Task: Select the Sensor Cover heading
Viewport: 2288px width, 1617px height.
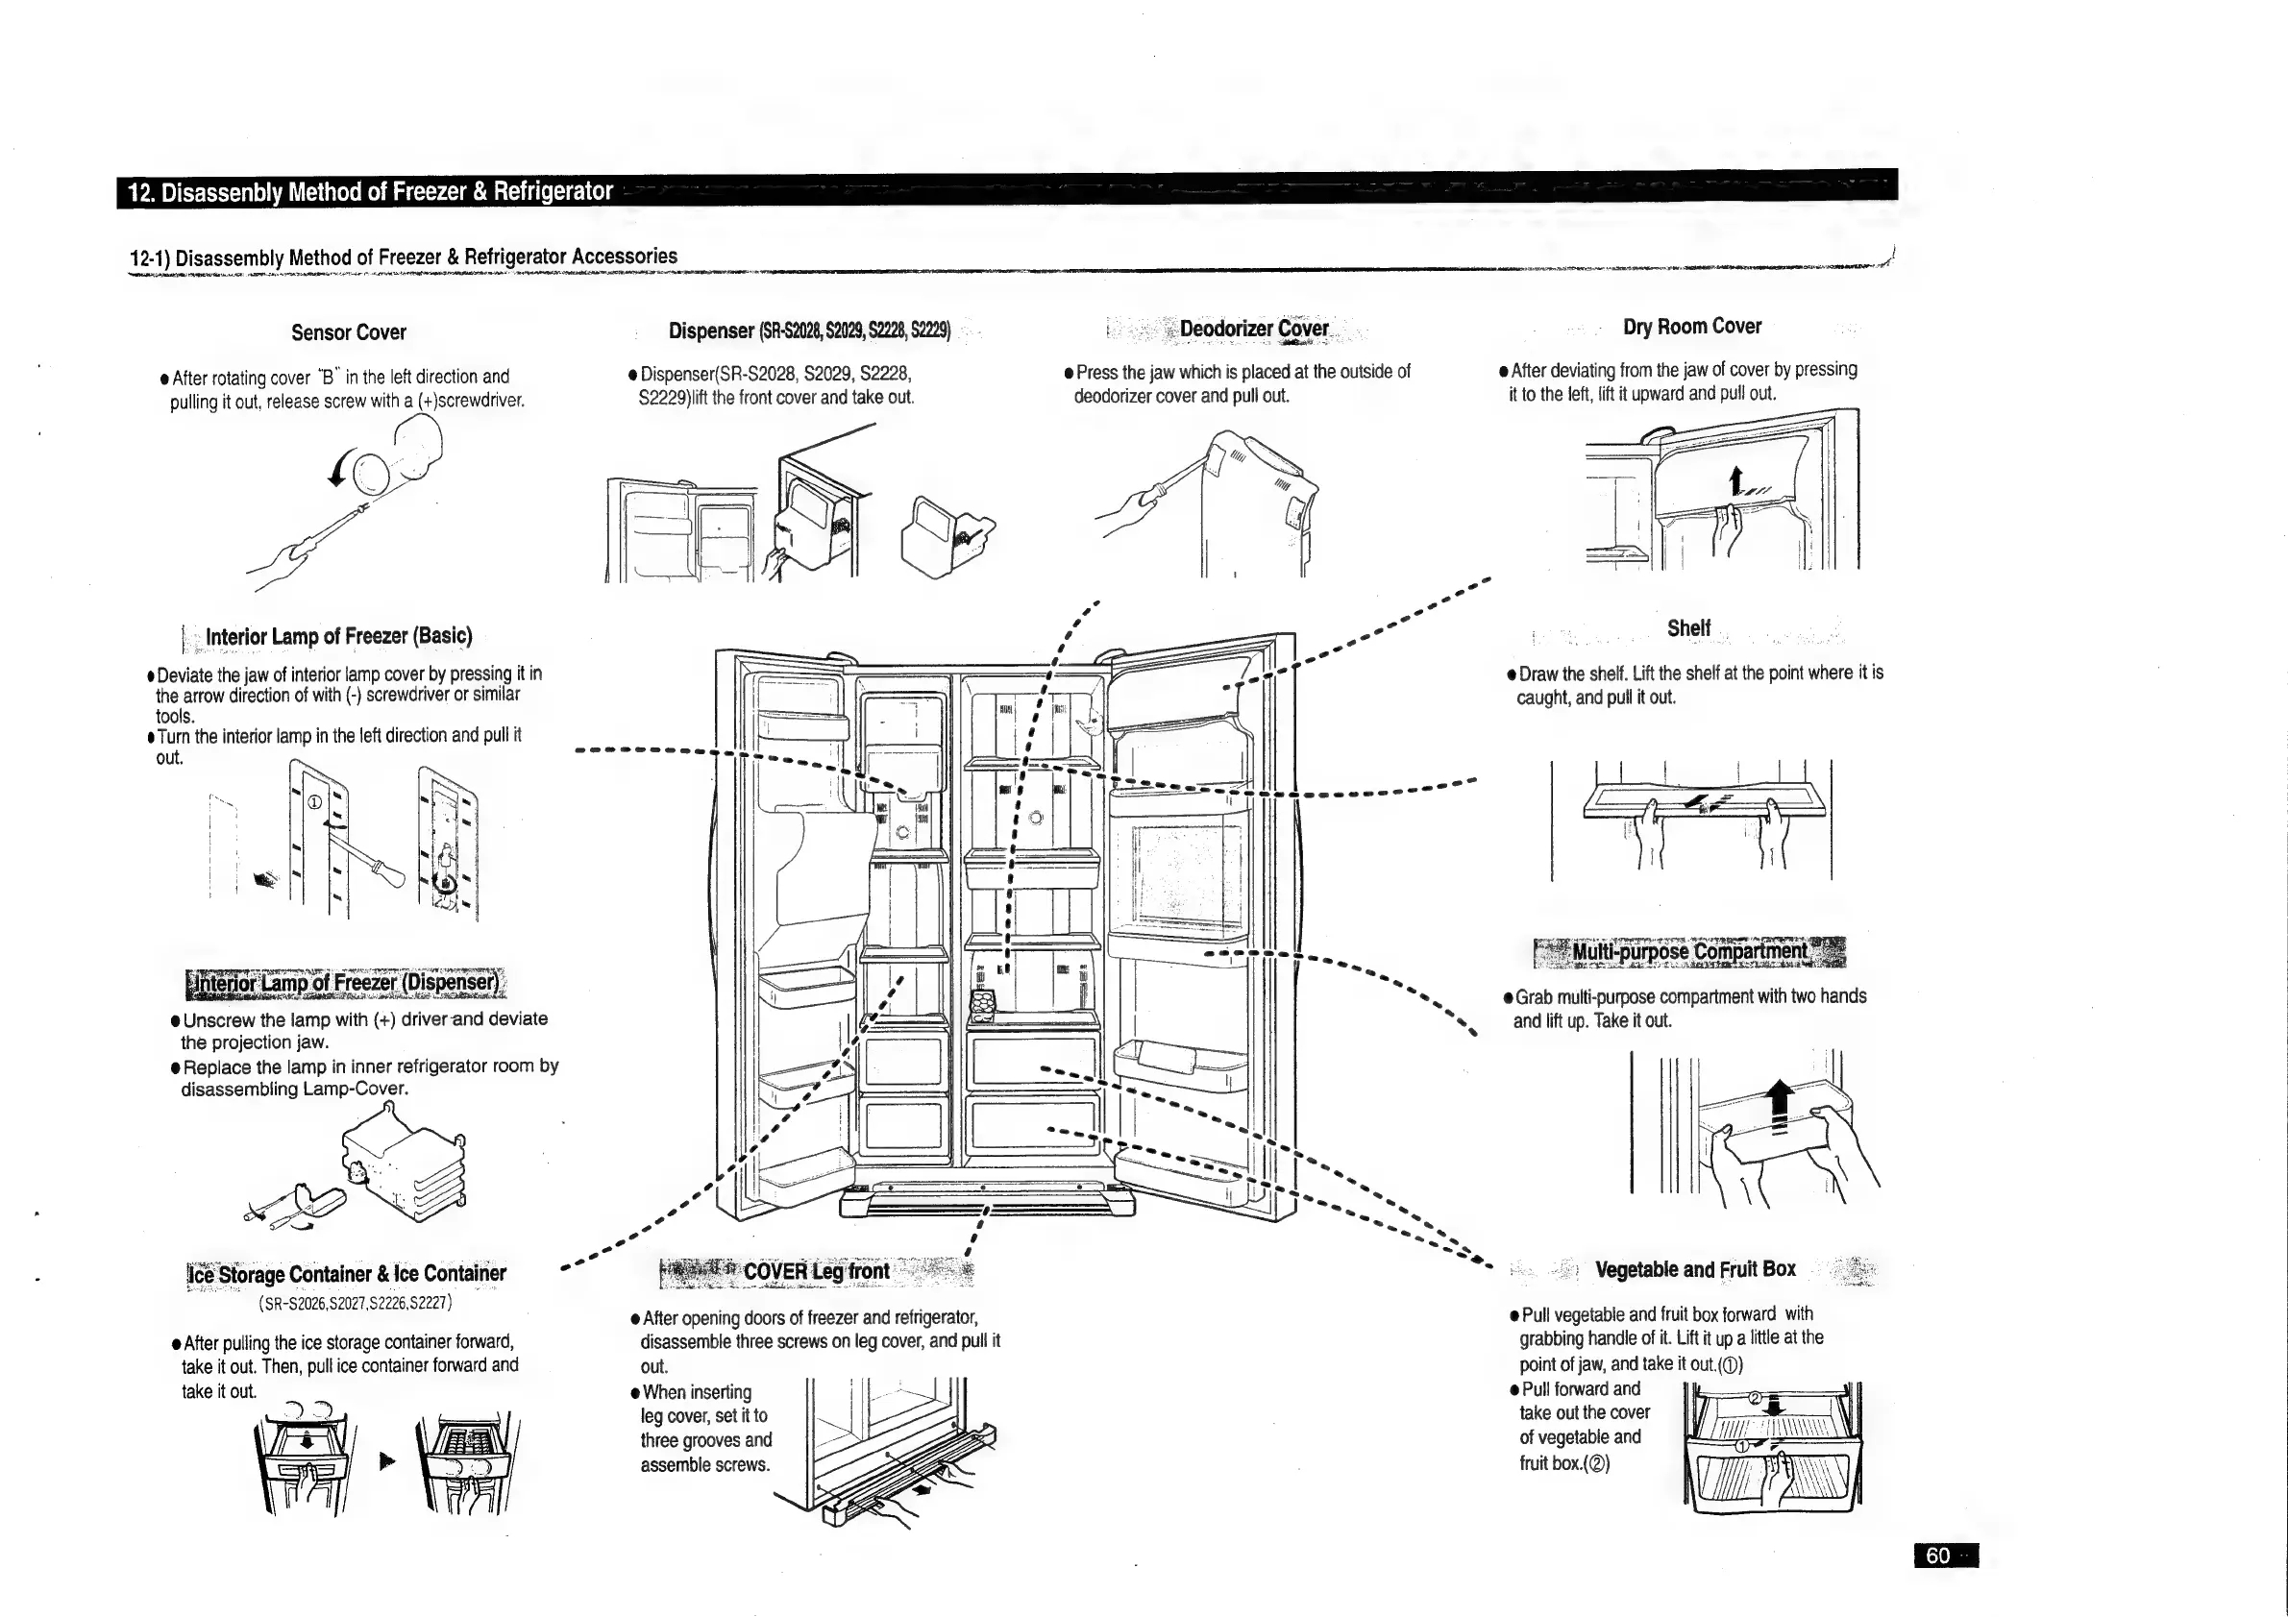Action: pos(349,331)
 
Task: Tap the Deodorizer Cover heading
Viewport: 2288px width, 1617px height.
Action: pos(1254,329)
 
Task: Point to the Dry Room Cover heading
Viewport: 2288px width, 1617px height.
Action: pos(1692,326)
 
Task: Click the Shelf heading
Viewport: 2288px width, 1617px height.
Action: pos(1688,627)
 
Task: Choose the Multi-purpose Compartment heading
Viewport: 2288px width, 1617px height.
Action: pos(1689,951)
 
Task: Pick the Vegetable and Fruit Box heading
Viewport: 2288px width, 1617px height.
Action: pos(1695,1269)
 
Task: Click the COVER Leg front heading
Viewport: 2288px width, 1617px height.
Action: pos(816,1271)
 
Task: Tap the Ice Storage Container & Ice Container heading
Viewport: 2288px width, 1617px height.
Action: pos(347,1273)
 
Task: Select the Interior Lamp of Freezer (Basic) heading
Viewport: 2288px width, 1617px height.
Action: pos(339,636)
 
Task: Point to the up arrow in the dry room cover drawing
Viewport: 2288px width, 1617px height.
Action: pos(1735,480)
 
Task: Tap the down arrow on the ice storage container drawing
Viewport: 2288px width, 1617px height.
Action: pos(307,1439)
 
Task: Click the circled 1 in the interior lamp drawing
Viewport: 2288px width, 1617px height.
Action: pos(314,802)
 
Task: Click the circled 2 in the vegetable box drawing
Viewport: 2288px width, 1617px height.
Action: pos(1756,1398)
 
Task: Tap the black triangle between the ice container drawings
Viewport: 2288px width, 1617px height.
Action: pos(387,1460)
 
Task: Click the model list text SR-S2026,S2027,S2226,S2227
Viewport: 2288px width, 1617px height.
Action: pos(356,1303)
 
